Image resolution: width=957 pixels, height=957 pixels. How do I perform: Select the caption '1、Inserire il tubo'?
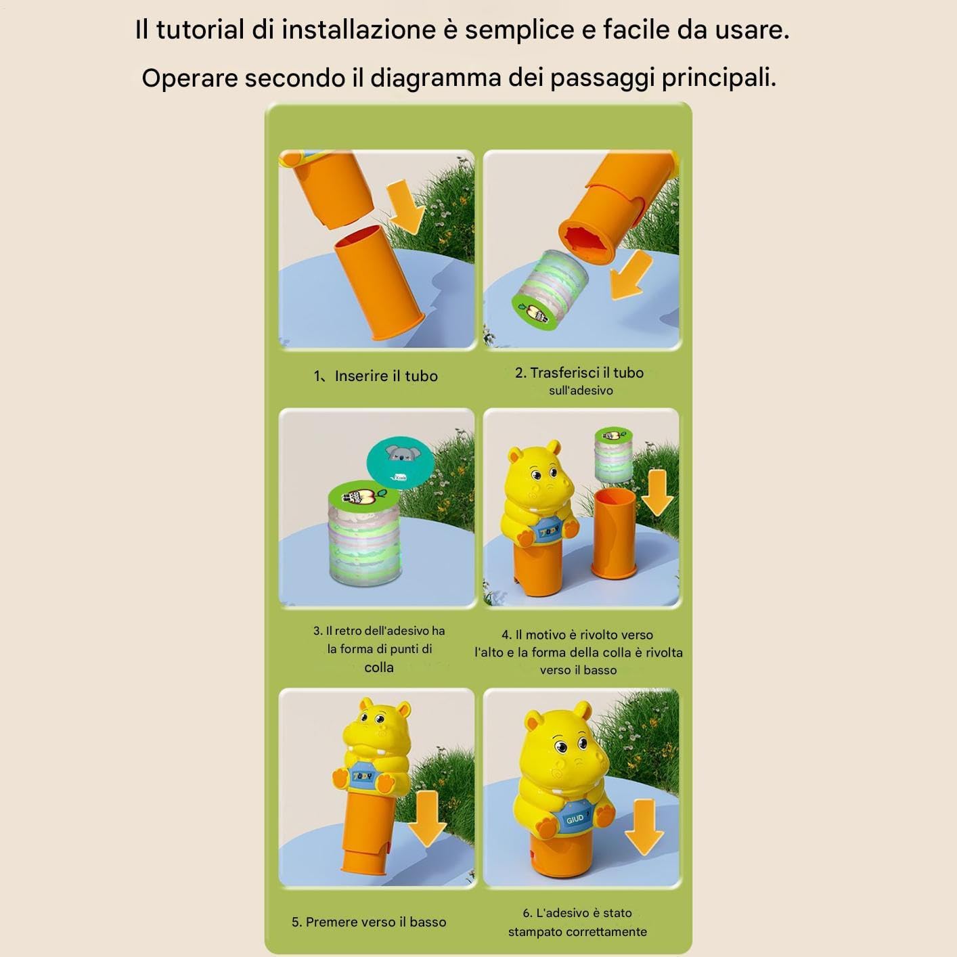pyautogui.click(x=376, y=376)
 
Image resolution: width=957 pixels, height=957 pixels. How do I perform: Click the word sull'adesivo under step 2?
pyautogui.click(x=581, y=391)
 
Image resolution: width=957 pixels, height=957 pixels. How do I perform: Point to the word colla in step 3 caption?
pyautogui.click(x=379, y=667)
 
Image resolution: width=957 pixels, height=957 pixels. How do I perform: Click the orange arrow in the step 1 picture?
pyautogui.click(x=405, y=206)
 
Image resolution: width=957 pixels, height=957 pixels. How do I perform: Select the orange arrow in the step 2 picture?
pyautogui.click(x=629, y=275)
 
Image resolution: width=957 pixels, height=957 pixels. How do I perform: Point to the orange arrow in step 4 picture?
pyautogui.click(x=658, y=493)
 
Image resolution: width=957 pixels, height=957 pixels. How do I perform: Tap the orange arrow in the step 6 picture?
pyautogui.click(x=644, y=827)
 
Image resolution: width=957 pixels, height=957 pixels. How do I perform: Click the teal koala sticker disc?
pyautogui.click(x=400, y=463)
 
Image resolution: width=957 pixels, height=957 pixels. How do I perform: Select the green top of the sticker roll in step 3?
pyautogui.click(x=363, y=497)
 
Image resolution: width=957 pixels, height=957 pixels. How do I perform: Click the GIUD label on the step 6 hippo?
pyautogui.click(x=575, y=819)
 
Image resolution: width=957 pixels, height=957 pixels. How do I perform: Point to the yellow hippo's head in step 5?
pyautogui.click(x=378, y=726)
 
